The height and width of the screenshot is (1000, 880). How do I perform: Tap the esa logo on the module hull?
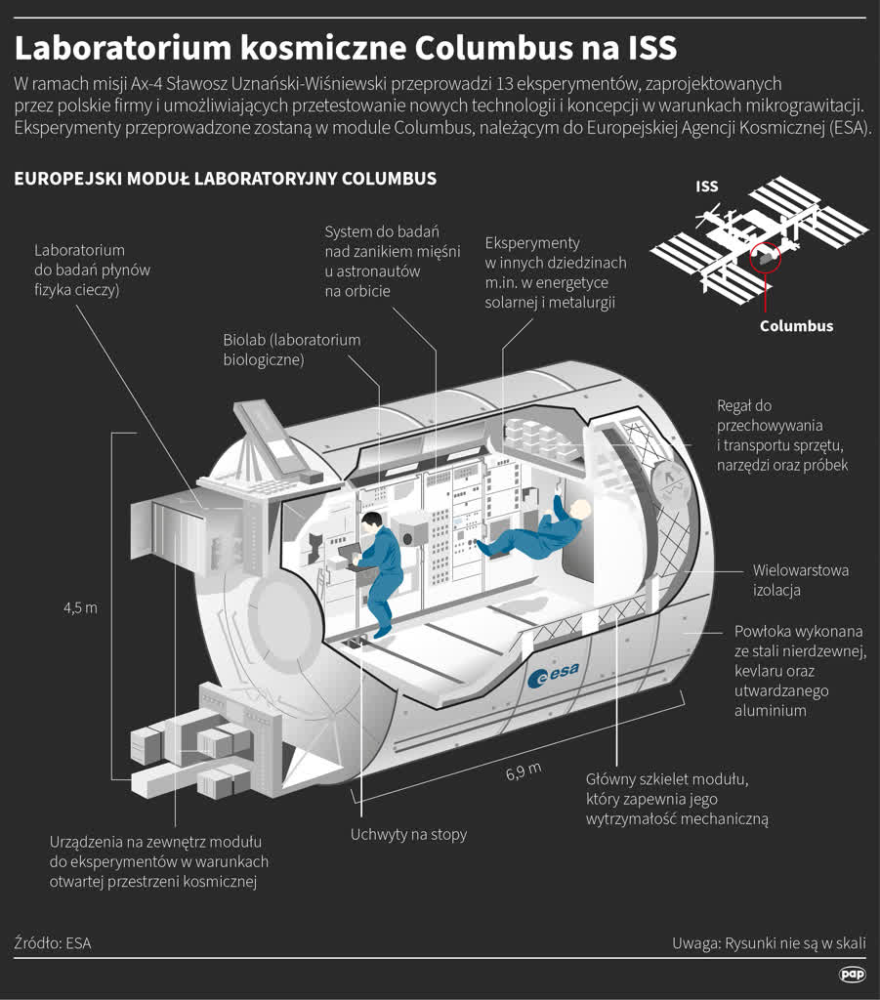[553, 674]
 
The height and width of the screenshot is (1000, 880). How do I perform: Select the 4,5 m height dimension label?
[80, 607]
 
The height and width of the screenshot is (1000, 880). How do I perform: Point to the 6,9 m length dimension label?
[524, 772]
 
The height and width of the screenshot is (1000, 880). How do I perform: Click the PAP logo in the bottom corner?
[852, 974]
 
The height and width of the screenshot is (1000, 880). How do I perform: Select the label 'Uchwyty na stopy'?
[408, 834]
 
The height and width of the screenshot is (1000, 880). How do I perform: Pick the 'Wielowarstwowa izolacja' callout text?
[800, 580]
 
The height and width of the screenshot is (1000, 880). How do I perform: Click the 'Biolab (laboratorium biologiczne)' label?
[292, 350]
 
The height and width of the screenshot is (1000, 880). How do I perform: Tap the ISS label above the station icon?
[706, 187]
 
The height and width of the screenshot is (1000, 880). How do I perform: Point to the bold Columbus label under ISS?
[796, 326]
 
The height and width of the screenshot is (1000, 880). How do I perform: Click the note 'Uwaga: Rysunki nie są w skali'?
[769, 943]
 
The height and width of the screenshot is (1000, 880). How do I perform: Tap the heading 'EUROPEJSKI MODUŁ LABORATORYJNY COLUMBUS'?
[225, 180]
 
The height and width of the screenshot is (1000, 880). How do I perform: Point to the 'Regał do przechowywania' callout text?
[781, 435]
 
